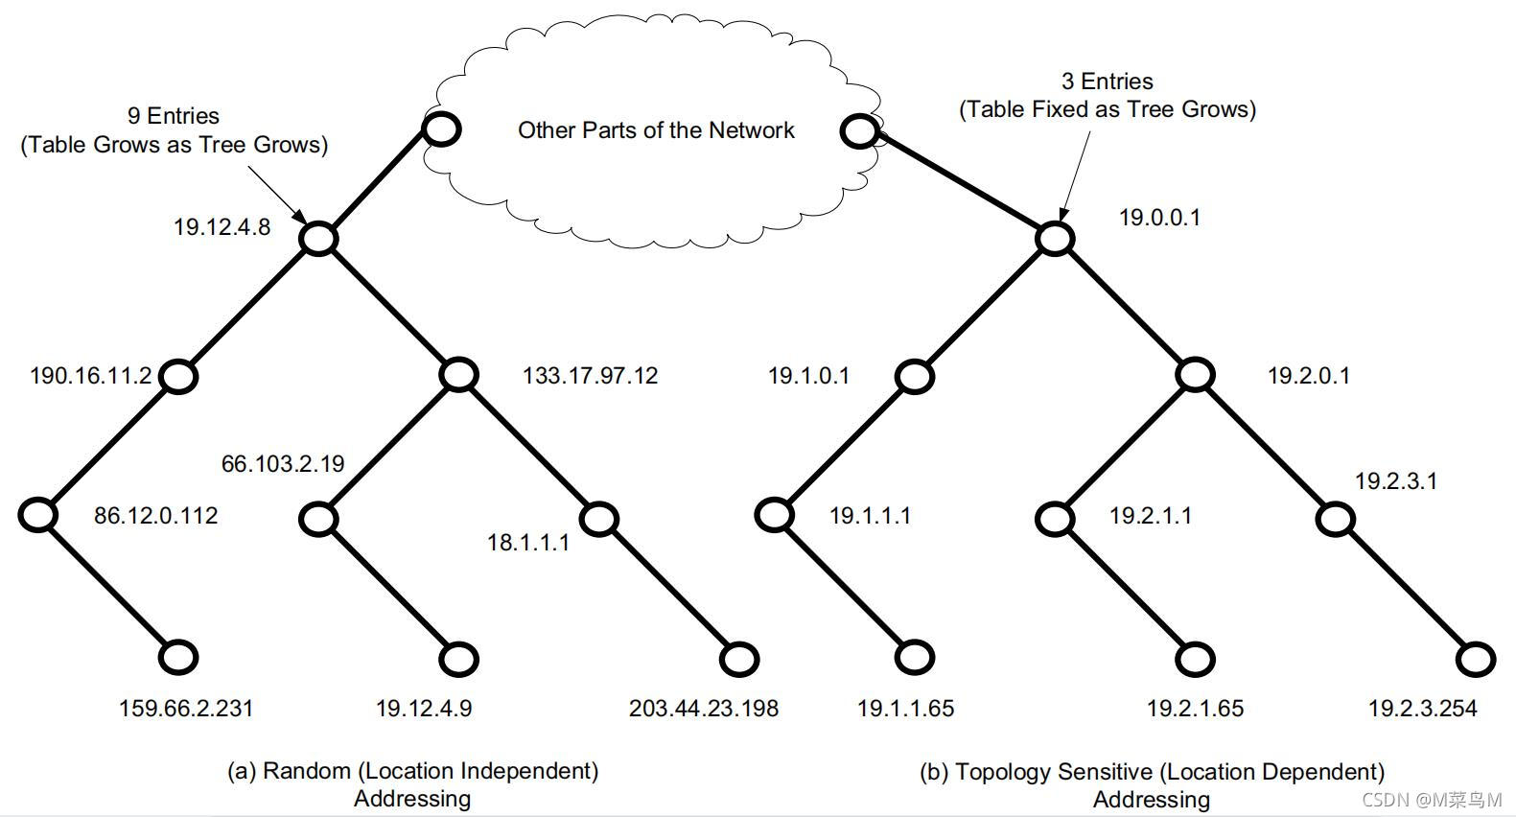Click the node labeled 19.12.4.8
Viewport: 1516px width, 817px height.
coord(318,238)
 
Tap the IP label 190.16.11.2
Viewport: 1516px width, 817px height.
coord(90,376)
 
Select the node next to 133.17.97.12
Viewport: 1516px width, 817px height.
coord(459,375)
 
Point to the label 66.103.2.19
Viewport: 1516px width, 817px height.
coord(283,464)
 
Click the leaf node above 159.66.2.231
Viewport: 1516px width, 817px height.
coord(177,657)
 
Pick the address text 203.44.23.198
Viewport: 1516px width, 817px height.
coord(703,709)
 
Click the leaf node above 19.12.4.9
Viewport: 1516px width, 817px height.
coord(459,659)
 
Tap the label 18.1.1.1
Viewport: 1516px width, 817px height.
coord(527,543)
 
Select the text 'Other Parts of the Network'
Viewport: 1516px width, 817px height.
coord(656,130)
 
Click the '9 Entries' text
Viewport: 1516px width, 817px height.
coord(174,116)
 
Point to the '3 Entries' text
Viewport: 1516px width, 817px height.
coord(1107,82)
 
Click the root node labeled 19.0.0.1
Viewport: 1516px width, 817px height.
coord(1055,238)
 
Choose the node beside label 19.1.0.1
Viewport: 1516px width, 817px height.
coord(915,376)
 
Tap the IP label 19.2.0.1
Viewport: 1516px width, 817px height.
coord(1308,376)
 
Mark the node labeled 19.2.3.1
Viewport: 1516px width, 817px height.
coord(1336,520)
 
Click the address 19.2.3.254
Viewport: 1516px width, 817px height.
coord(1422,709)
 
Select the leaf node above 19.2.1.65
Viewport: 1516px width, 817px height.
coord(1196,659)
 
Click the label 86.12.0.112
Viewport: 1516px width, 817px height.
coord(155,516)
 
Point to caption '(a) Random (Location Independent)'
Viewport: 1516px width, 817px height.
coord(412,771)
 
